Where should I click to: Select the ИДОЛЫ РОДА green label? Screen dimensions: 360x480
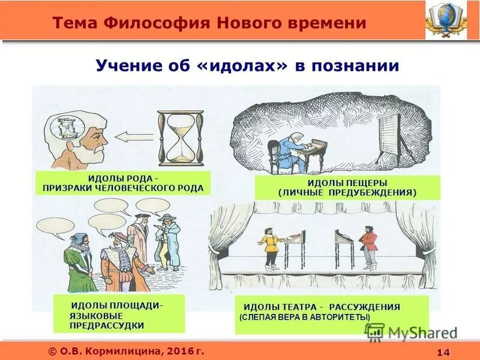pos(123,184)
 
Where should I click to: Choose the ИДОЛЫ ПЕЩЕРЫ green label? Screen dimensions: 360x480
pos(347,188)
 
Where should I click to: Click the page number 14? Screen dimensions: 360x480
pos(445,351)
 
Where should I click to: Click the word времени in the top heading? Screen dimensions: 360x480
pos(323,23)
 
